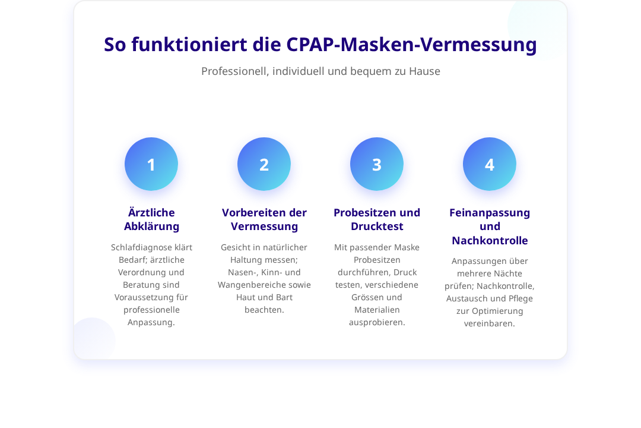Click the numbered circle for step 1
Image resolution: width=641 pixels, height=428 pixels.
151,164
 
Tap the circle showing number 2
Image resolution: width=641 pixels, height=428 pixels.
264,164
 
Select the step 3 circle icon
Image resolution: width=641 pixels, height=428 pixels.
377,164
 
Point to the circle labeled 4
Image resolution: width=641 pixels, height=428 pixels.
489,164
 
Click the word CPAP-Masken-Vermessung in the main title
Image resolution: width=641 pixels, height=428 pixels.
411,45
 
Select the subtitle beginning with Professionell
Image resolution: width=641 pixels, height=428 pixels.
320,71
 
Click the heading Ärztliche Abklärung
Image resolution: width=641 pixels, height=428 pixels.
152,219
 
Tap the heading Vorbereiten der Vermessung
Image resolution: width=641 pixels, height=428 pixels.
264,219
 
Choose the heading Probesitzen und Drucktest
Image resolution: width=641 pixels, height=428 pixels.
377,219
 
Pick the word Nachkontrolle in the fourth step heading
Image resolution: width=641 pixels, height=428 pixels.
490,240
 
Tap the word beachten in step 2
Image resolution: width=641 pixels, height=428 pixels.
264,310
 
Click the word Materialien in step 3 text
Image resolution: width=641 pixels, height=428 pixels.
377,310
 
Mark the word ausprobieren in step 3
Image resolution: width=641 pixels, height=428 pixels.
376,323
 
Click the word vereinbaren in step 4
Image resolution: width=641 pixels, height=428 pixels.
488,323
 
